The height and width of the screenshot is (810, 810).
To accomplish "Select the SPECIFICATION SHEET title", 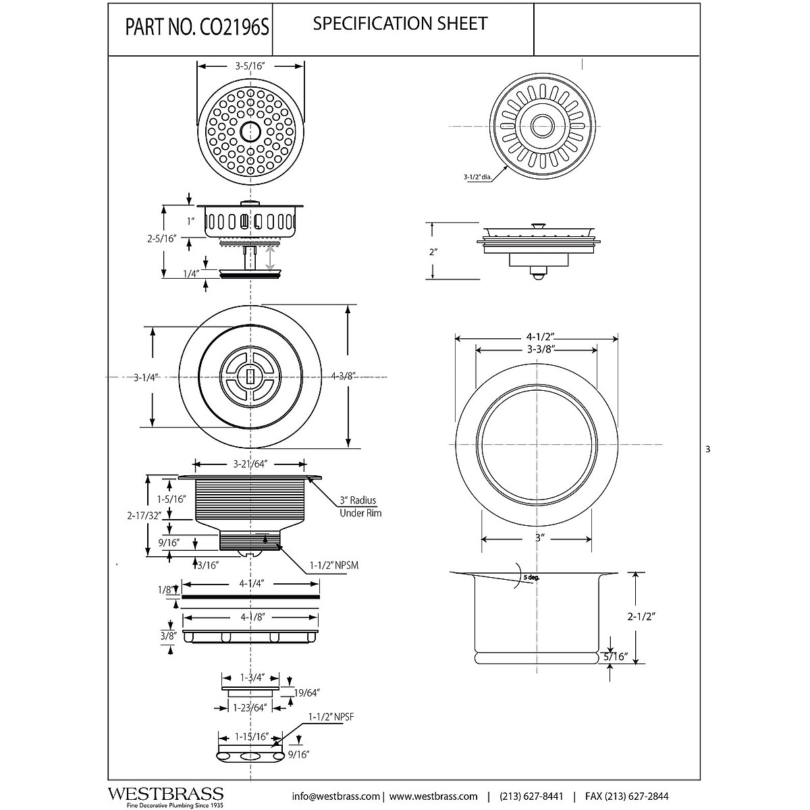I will click(400, 24).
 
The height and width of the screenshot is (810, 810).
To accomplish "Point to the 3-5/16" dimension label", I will click(250, 66).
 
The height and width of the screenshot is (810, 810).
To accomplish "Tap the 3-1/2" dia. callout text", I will click(476, 178).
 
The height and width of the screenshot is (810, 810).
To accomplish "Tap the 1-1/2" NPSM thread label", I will click(333, 566).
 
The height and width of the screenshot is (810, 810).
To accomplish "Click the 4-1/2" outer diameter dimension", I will click(537, 337).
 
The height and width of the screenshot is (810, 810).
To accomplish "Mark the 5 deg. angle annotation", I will click(530, 578).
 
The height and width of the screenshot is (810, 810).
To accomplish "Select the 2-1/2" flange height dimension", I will click(642, 616).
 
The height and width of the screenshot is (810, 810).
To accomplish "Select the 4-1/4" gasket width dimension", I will click(251, 583).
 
